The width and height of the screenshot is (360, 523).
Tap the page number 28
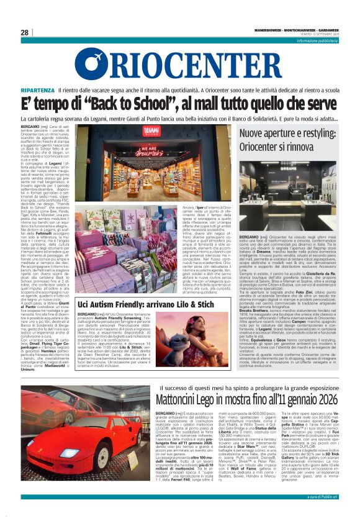[x=25, y=33]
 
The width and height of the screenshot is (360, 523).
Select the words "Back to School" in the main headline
[x=125, y=104]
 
